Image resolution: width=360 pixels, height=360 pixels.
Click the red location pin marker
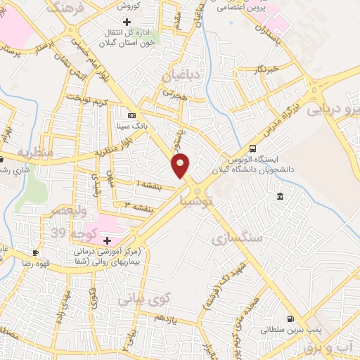[181, 165]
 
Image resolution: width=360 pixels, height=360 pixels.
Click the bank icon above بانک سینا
[131, 115]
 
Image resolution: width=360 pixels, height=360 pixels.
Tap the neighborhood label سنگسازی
[236, 238]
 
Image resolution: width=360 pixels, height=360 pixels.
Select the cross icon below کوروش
[127, 22]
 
